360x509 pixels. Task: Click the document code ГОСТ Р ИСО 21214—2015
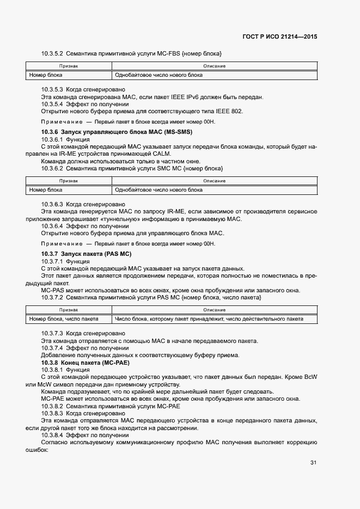tap(279, 37)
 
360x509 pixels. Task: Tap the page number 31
tap(313, 463)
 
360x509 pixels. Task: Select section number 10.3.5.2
tap(52, 54)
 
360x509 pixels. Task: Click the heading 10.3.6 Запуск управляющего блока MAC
tap(117, 132)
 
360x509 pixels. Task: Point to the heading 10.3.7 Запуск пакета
tap(87, 254)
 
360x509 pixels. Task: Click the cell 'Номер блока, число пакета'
tap(64, 319)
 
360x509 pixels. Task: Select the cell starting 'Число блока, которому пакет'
tap(208, 319)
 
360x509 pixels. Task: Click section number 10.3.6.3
tap(52, 205)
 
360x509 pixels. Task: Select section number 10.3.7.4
tap(52, 348)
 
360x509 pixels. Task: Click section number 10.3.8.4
tap(52, 435)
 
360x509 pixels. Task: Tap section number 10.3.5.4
tap(52, 104)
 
